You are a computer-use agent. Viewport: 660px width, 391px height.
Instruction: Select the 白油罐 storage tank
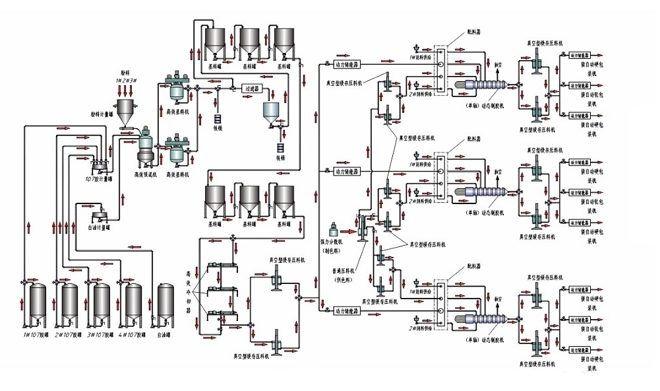pyautogui.click(x=166, y=305)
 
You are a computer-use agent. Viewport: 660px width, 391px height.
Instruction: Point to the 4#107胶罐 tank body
pyautogui.click(x=133, y=305)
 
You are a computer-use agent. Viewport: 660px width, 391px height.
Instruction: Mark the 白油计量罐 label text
pyautogui.click(x=98, y=227)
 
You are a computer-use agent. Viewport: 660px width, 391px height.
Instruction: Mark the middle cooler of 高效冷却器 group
pyautogui.click(x=221, y=290)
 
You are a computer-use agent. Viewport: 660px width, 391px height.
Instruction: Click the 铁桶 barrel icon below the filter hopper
pyautogui.click(x=280, y=149)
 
